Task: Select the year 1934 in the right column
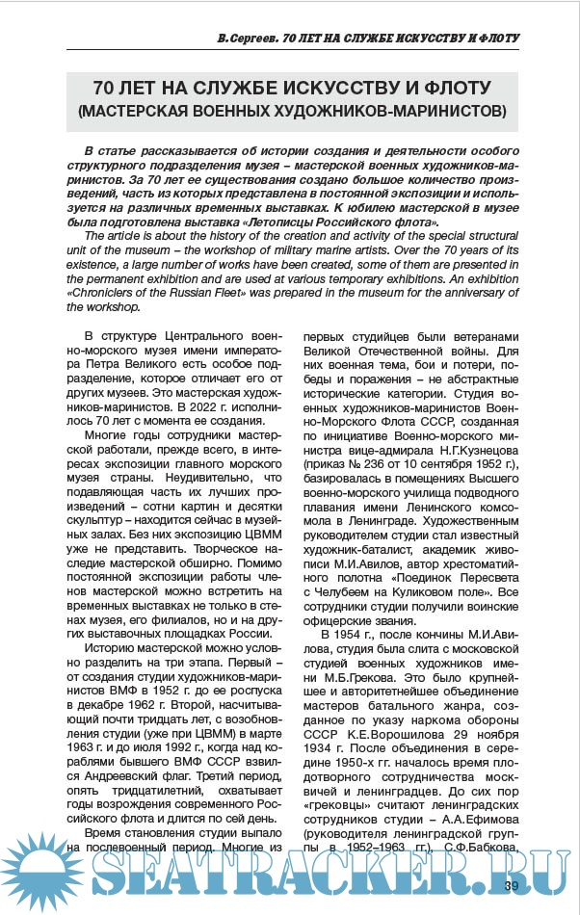tap(321, 745)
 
